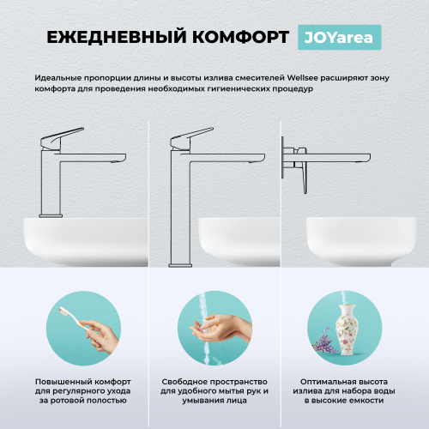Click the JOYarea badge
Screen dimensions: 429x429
[x=338, y=37]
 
